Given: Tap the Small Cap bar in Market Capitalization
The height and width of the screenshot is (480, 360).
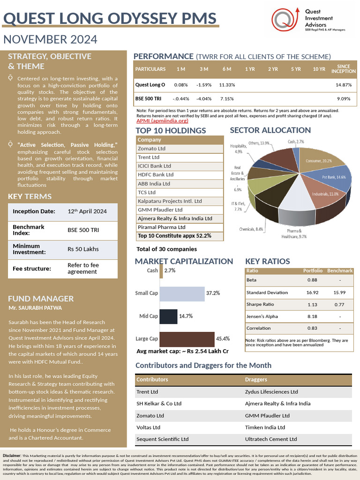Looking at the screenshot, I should click(183, 293).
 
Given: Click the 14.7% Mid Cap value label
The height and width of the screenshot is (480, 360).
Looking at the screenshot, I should click(186, 316).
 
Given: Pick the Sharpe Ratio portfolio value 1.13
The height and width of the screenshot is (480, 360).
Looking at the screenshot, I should click(312, 304).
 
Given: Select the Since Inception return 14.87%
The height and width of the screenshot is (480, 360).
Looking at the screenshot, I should click(343, 85).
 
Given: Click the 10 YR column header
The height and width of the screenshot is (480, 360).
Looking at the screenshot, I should click(319, 69).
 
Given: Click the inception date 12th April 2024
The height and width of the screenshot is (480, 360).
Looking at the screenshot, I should click(87, 211).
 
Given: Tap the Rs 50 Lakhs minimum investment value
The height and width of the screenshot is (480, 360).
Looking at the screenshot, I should click(83, 249).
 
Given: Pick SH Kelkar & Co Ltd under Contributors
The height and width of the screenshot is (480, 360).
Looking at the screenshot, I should click(159, 404).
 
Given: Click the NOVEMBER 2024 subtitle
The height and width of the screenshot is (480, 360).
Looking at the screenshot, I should click(50, 39).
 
